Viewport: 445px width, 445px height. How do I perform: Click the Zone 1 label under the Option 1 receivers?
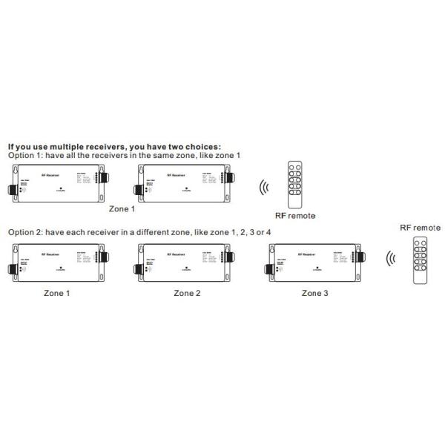122,209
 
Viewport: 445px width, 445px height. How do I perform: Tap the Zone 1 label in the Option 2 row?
57,293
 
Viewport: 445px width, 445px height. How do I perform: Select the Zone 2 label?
187,293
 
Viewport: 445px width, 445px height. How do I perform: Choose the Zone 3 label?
315,293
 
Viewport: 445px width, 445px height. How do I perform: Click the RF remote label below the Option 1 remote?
294,215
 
